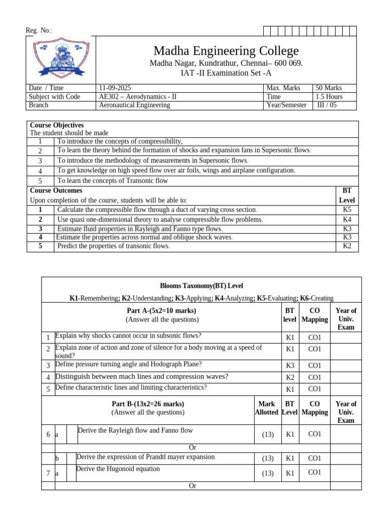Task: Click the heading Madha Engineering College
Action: [x=226, y=51]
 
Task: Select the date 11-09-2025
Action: [x=115, y=88]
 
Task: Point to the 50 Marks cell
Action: [x=329, y=88]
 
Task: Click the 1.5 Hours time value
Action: [x=329, y=97]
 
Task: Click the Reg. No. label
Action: [x=39, y=31]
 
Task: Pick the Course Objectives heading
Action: [x=57, y=125]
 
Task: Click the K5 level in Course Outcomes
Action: [x=347, y=210]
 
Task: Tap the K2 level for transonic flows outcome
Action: [x=347, y=246]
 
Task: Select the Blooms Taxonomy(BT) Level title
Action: [x=201, y=286]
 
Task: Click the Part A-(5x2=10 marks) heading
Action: [x=162, y=311]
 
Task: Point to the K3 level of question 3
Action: [x=290, y=366]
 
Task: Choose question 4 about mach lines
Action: [x=142, y=377]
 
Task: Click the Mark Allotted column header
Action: [x=266, y=408]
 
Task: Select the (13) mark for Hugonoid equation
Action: [x=267, y=473]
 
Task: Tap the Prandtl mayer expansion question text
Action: [x=145, y=457]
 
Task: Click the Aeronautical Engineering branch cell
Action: [x=135, y=105]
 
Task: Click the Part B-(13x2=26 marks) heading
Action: [x=148, y=404]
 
